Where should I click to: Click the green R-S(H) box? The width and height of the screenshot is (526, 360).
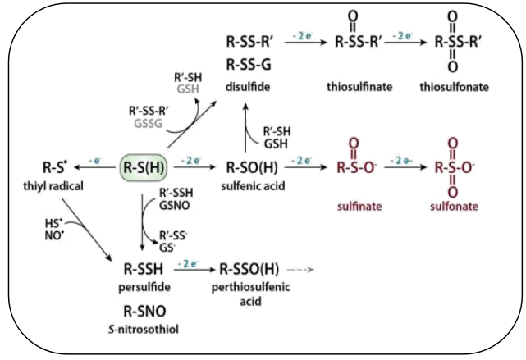point(144,167)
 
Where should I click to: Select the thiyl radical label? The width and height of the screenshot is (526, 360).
point(53,186)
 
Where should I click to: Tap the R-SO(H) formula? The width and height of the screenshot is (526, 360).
point(252,167)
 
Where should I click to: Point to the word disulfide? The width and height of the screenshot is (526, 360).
point(248,87)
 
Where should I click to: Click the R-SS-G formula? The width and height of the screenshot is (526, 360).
point(249,65)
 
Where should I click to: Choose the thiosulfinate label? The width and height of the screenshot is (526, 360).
point(359,87)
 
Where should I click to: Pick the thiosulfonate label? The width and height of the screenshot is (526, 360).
point(455,87)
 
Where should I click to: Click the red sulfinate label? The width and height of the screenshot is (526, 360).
point(359,206)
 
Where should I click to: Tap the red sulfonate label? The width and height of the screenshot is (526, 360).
point(455,206)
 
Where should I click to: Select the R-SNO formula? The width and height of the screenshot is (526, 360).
point(144,311)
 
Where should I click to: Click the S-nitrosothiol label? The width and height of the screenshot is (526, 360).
point(144,329)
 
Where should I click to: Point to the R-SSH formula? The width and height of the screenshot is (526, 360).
point(144,269)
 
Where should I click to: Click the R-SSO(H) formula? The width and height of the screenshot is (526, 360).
point(249,269)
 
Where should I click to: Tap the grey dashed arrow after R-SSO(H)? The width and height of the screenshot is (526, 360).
point(300,270)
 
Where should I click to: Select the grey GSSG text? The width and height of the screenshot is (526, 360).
point(149,123)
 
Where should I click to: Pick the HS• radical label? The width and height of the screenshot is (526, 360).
point(53,223)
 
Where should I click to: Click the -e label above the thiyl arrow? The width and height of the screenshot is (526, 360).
point(95,161)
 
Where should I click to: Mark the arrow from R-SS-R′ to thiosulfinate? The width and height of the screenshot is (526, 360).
point(305,43)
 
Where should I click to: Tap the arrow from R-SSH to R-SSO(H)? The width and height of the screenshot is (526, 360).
point(194,270)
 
